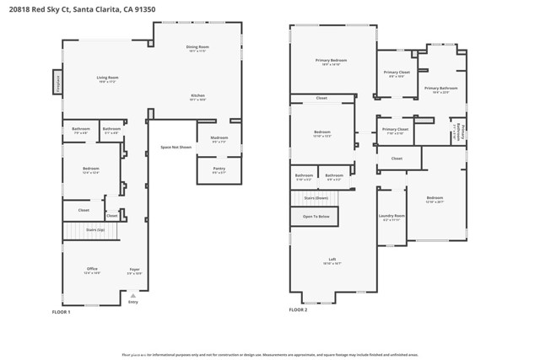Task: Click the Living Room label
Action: point(107,78)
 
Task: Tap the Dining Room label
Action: point(197,46)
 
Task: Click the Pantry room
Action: point(219,169)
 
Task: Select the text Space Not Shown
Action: point(175,147)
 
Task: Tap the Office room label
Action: point(92,269)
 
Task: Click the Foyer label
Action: point(134,269)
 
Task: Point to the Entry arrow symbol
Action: point(132,296)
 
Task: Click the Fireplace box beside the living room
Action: point(58,82)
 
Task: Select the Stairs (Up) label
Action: point(95,229)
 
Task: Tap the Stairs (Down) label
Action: point(315,197)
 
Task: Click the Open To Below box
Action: point(315,217)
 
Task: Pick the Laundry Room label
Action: point(392,216)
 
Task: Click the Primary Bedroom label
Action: point(332,60)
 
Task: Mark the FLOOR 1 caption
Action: point(61,312)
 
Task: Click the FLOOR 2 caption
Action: point(298,309)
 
